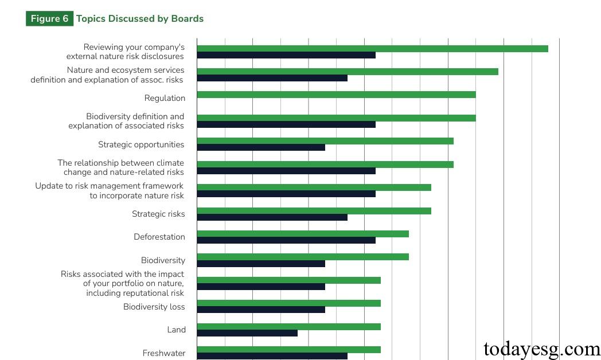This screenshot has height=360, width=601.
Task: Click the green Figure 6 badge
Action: pos(49,19)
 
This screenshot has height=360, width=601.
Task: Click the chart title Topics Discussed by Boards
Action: pos(139,19)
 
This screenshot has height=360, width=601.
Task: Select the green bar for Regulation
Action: pos(336,95)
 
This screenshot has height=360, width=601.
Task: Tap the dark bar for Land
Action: pos(247,332)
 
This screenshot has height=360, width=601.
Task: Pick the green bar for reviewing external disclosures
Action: pos(372,48)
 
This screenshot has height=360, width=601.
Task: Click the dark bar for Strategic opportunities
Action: pos(261,147)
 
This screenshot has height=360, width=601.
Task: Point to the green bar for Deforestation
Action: pos(303,234)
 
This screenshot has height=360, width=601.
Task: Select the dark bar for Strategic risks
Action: pos(272,217)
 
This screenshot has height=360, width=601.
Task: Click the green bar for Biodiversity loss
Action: pos(288,303)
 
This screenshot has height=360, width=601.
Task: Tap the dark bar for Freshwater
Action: pos(272,356)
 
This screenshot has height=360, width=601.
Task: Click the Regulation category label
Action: pos(165,98)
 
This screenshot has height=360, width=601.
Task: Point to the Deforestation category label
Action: pos(159,237)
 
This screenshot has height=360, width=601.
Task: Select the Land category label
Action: pos(176,330)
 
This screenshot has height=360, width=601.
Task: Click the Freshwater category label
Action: pos(163,353)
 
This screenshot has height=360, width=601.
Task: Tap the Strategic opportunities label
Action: pos(141,144)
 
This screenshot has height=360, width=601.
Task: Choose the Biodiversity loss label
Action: pos(154,307)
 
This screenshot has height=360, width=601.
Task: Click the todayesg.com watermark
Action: pos(542,348)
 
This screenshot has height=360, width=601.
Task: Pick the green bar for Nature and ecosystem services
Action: pos(348,72)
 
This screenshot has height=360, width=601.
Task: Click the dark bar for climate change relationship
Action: pos(286,171)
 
